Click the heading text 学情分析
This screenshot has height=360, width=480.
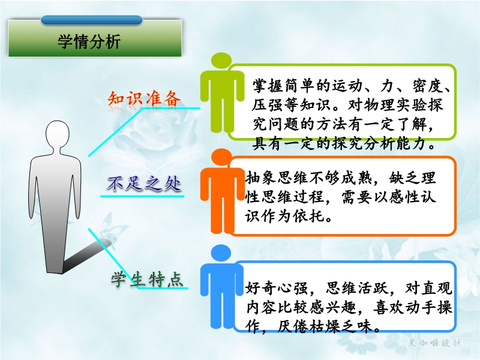coord(89,41)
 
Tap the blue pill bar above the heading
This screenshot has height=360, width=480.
coord(92,20)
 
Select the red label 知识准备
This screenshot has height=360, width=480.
coord(143,98)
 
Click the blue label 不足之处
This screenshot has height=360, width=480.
coord(143,184)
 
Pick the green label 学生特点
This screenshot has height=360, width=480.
coord(146,279)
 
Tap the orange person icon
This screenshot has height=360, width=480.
coord(221,191)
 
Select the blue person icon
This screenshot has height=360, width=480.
coord(221,287)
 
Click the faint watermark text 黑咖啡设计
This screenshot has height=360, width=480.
coord(434,343)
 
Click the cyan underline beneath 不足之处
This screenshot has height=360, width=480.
coord(142,196)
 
